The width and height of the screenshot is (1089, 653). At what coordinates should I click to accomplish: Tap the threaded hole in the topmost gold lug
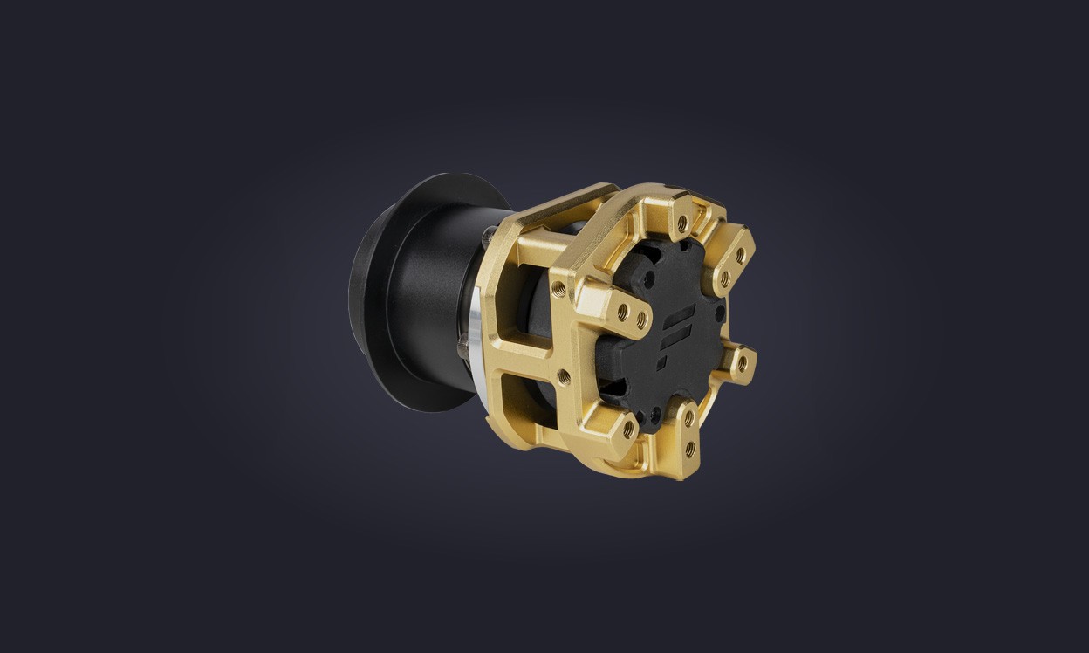(682, 223)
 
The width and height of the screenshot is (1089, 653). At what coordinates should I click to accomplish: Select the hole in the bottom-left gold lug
(628, 430)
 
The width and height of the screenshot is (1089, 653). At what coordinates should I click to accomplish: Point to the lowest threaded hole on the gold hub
(690, 449)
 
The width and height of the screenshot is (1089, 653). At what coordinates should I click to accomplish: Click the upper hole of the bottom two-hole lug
(688, 420)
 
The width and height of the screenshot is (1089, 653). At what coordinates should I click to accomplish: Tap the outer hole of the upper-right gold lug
(740, 255)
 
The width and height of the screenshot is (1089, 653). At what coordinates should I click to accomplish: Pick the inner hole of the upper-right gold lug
(724, 278)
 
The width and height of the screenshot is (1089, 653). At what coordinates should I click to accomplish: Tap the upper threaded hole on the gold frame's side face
(558, 287)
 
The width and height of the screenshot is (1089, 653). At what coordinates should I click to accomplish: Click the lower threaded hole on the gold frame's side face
(564, 377)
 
